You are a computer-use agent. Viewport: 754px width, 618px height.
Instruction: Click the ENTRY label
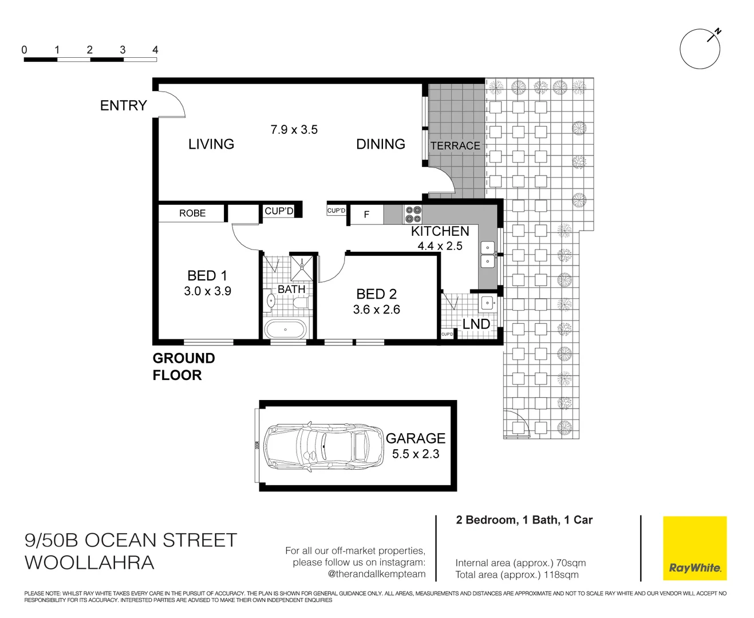tap(123, 106)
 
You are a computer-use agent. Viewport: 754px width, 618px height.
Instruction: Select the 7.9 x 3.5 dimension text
tap(294, 130)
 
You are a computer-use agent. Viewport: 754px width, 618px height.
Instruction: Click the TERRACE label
tap(455, 146)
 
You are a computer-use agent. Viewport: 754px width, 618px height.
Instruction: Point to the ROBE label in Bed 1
tap(192, 213)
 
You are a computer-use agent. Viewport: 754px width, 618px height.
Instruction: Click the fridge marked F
tap(366, 215)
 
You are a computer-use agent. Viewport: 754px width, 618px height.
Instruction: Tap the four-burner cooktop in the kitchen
tap(413, 215)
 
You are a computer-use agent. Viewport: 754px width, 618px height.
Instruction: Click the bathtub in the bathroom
tap(285, 330)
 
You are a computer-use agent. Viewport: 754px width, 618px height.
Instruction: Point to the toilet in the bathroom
tap(271, 300)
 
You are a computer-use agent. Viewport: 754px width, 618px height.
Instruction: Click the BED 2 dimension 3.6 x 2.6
tap(376, 310)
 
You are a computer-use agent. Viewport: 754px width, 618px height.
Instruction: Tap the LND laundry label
tap(476, 324)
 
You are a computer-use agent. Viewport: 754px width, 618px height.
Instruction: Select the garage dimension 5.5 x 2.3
tap(416, 454)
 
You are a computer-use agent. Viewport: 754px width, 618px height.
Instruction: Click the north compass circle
tap(700, 49)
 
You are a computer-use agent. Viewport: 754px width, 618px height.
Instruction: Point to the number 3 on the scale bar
tap(123, 50)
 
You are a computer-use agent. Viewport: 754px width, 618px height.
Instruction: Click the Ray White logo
tap(694, 548)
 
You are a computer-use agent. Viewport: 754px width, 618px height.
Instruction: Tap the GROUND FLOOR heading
tap(183, 367)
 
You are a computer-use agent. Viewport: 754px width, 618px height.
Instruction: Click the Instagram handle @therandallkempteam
tap(376, 574)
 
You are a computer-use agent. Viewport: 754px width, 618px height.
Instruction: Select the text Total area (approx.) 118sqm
tap(516, 575)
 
